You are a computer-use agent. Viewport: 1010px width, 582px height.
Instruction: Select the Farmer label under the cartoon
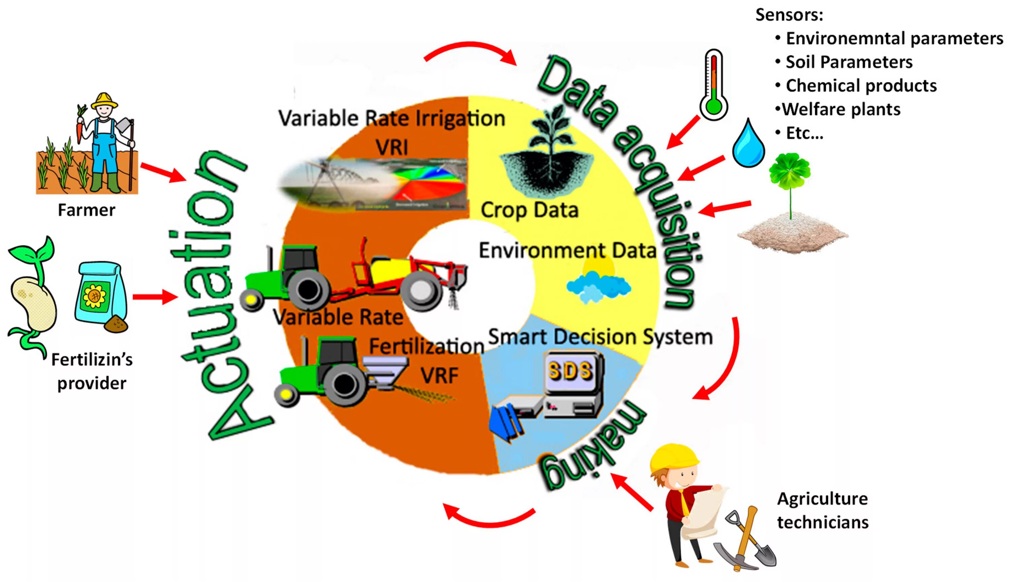pos(87,210)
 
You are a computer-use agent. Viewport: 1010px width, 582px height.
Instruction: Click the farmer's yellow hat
pos(104,101)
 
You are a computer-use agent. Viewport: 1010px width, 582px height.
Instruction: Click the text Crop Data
pos(530,210)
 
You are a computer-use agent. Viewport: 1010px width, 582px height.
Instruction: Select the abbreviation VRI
pos(392,147)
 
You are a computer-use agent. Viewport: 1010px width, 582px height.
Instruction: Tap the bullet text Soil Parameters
pos(849,62)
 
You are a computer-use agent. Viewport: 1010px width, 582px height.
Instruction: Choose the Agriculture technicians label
pos(822,510)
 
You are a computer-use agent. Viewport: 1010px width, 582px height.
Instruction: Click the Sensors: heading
pos(789,15)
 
